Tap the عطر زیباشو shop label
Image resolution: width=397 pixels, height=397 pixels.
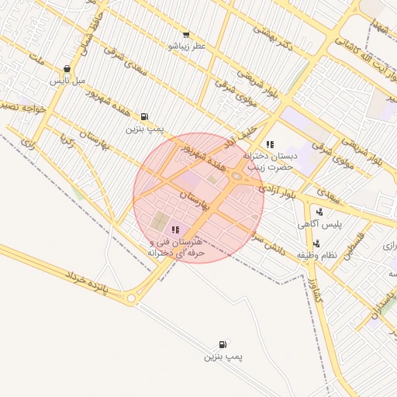coord(187,47)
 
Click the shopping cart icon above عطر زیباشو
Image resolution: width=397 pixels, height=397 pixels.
coord(186,35)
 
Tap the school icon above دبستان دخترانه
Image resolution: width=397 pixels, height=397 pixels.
coord(270,144)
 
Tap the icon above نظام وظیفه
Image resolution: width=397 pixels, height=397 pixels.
coord(305,243)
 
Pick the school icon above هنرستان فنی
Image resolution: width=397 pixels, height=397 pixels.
coord(175,230)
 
